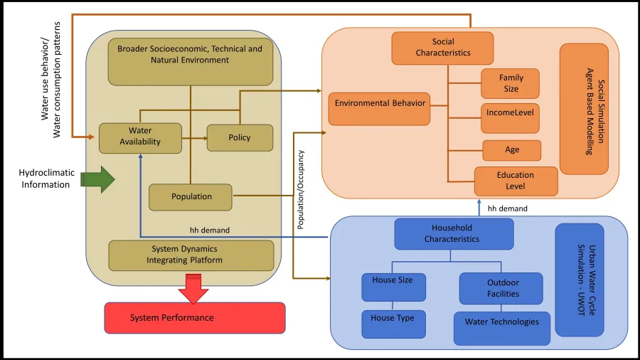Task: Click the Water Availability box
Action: click(139, 137)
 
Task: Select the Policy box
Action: click(240, 137)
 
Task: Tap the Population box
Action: click(191, 197)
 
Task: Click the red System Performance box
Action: click(195, 317)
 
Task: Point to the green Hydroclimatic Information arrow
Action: click(98, 179)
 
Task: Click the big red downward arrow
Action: click(193, 288)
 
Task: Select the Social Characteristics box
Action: click(442, 48)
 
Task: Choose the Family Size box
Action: click(511, 83)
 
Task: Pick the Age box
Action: click(512, 150)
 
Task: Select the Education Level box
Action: click(516, 181)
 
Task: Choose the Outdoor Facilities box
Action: click(501, 288)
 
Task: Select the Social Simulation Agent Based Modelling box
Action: click(585, 109)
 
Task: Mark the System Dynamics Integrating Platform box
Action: click(191, 255)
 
